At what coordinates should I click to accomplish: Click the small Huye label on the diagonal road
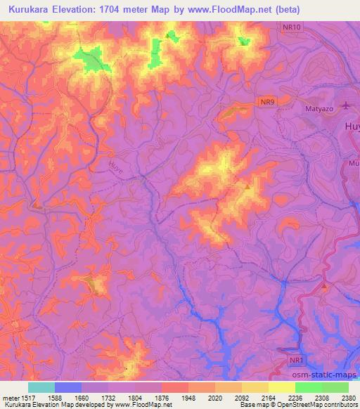pos(117,167)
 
